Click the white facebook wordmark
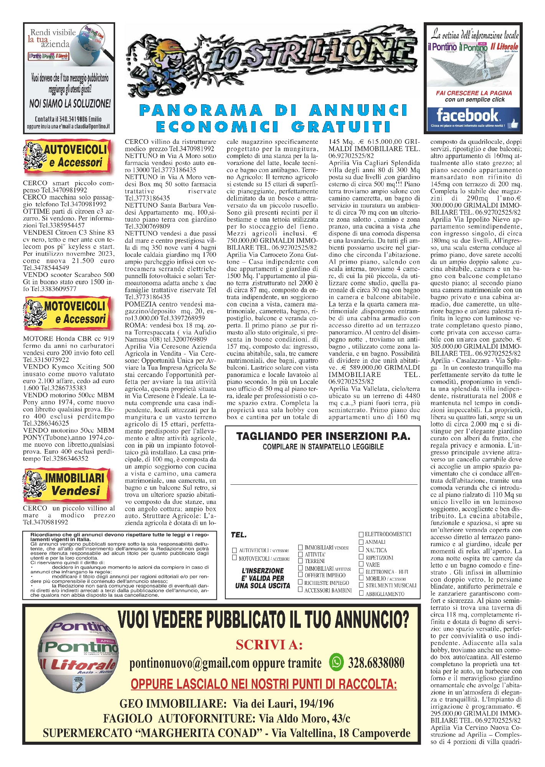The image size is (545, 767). coord(467,115)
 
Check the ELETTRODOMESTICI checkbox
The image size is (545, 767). coord(361,534)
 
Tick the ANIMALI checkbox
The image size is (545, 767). coord(361,542)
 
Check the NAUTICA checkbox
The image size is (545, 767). coord(361,550)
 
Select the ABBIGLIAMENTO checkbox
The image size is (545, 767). coord(361,593)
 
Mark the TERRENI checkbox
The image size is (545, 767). coord(301,561)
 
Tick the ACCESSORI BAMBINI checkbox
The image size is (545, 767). coord(301,590)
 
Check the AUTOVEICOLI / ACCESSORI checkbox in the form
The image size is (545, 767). coord(234,550)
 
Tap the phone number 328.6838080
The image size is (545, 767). coord(376,662)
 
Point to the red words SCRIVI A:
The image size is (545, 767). coord(269,645)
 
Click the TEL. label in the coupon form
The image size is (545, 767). coord(239,535)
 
